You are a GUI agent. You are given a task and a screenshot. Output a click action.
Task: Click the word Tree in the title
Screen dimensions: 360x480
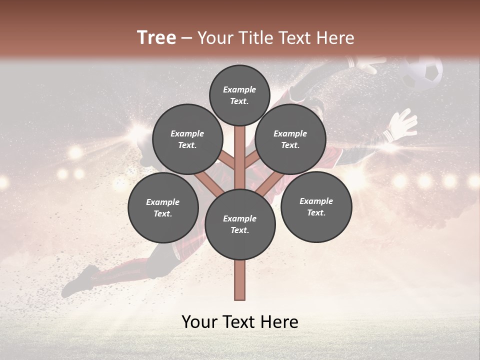tap(156, 38)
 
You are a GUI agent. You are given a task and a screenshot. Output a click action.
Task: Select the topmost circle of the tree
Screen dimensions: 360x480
tap(239, 95)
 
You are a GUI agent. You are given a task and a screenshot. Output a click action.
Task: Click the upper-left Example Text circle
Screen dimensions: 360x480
tap(187, 139)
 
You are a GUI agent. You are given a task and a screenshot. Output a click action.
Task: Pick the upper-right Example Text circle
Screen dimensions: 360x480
tap(290, 139)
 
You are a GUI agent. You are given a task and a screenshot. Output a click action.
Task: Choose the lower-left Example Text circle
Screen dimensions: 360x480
tap(163, 208)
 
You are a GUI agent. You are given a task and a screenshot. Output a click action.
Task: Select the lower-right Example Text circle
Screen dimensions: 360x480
tap(316, 207)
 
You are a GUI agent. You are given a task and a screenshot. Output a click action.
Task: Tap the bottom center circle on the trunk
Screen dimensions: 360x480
tap(240, 224)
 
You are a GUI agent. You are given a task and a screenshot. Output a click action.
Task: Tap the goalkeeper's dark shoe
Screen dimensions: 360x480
tap(80, 280)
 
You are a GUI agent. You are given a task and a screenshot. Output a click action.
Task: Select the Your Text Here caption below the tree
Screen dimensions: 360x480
tap(240, 322)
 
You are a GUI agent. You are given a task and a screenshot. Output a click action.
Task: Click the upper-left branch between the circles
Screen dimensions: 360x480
tap(227, 160)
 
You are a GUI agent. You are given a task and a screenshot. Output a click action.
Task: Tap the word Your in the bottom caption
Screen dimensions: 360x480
tap(199, 322)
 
